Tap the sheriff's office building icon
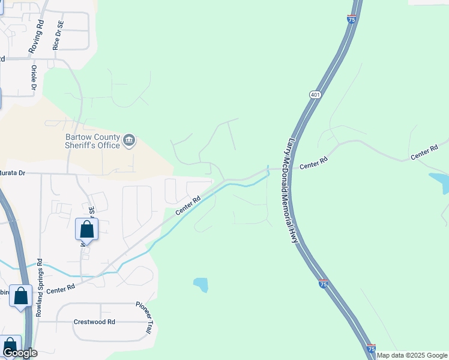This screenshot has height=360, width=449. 129,140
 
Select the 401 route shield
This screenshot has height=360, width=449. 315,95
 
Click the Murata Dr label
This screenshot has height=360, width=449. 12,173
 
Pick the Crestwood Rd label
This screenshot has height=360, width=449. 94,322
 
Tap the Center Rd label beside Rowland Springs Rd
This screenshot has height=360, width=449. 60,289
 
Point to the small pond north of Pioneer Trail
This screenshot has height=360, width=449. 200,284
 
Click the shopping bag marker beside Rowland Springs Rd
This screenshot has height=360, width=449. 21,296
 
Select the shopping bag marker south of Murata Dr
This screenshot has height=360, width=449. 86,229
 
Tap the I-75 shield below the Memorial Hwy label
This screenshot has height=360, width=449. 323,284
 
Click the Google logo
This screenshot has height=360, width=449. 19,353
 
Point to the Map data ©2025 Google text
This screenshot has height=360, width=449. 412,355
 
